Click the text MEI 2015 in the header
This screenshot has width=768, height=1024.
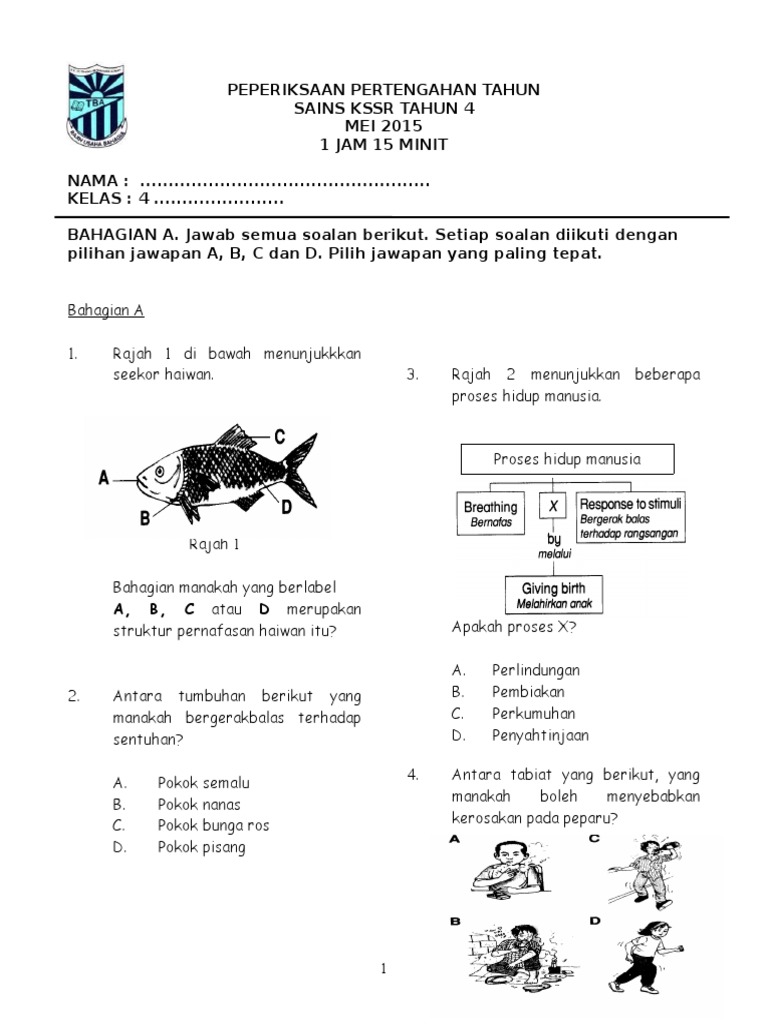coord(383,126)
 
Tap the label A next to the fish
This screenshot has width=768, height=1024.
coord(104,479)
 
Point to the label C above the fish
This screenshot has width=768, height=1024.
coord(279,436)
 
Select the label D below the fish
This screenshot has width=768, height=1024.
coord(285,508)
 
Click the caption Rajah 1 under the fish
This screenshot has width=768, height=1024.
coord(215,545)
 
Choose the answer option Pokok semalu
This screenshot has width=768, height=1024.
coord(203,782)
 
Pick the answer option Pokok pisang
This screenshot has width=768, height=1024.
coord(201,847)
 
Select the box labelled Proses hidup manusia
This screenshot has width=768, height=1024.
coord(567,459)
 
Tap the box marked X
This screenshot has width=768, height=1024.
coord(553,507)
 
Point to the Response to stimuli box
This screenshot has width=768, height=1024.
coord(630,518)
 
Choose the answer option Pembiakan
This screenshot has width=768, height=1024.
coord(528,691)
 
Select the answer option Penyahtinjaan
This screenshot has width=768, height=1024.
coord(540,735)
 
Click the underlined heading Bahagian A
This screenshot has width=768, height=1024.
coord(106,311)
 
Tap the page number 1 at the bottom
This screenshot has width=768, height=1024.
coord(382,968)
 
